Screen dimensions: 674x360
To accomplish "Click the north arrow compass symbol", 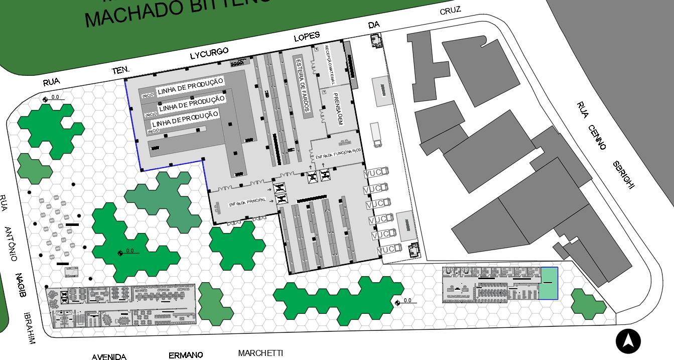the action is coord(628,341).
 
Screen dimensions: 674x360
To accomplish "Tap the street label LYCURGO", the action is coord(209,53).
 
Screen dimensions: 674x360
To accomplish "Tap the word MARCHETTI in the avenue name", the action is coord(260,353).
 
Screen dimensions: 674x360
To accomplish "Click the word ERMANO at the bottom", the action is coord(186,355).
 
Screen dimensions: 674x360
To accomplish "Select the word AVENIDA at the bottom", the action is coord(109,357).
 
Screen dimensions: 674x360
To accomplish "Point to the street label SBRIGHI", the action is coord(623,175).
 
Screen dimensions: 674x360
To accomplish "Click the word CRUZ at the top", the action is coord(450,11).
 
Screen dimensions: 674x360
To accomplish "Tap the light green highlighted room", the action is coord(549,283).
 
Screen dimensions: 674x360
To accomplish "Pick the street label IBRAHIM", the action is coord(30,328).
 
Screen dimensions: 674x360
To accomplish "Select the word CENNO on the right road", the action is coord(597,137).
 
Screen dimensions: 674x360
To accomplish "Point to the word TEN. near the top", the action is coord(121,70).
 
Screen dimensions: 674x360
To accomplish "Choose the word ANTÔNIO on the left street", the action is coord(11,244).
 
